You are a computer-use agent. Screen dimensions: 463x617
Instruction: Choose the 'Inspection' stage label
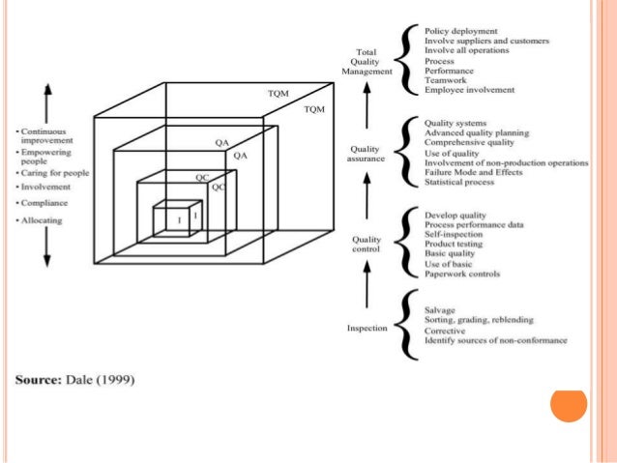(x=367, y=329)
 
